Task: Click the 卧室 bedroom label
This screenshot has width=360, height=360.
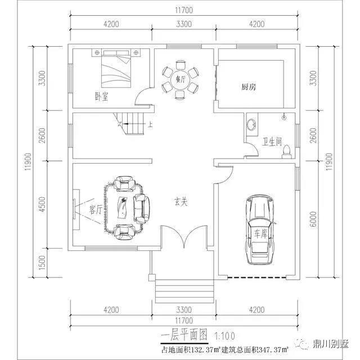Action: pos(101,96)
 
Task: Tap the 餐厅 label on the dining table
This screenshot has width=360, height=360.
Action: pos(181,79)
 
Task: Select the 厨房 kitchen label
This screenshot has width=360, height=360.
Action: pos(249,87)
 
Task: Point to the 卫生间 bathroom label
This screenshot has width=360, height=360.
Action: pos(272,142)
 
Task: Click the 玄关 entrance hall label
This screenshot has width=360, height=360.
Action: pos(181,201)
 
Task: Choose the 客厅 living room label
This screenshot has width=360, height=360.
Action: pos(96,210)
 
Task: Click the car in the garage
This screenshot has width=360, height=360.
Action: pos(260,229)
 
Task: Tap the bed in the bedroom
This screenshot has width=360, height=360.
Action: pos(116,69)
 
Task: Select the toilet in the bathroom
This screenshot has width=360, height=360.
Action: pos(286,152)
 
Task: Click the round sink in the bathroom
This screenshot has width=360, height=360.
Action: pos(252,125)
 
